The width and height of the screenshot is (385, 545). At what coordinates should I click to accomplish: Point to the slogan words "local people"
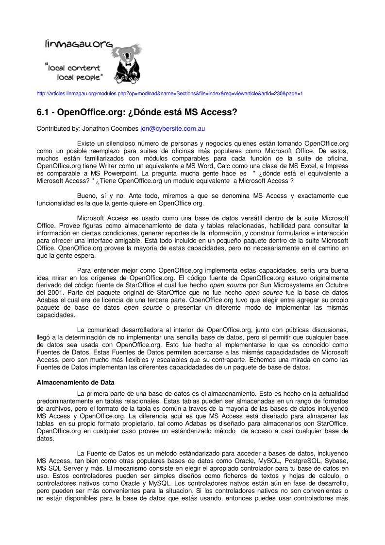click(80, 77)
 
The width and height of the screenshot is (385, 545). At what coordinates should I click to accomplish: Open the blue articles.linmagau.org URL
click(170, 93)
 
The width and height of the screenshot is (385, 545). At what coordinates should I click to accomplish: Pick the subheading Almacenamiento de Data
click(76, 382)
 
